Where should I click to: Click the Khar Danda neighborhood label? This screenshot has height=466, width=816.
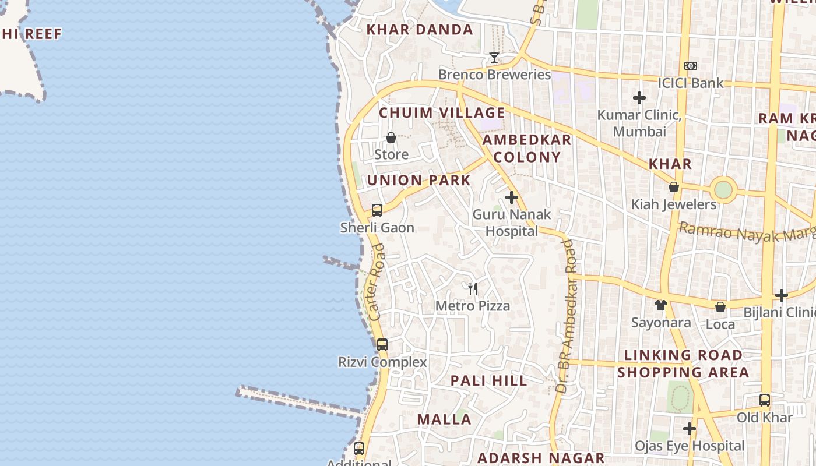point(419,30)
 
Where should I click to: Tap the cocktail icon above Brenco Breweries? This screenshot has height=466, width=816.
point(494,58)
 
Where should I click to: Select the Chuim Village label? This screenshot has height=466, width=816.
point(442,112)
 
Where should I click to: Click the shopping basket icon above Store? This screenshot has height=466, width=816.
point(391,138)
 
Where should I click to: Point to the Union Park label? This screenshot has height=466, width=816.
point(418,180)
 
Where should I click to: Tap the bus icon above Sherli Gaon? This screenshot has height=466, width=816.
point(377,210)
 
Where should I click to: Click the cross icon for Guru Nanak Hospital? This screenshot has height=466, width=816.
point(512,197)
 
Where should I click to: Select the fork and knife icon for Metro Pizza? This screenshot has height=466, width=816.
point(473,288)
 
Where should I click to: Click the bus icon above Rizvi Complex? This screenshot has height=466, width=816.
point(382,345)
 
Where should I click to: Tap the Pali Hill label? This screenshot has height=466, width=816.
point(488,381)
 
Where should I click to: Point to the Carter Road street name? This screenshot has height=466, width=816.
point(377,282)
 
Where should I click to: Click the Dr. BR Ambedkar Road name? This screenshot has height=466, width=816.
point(566,315)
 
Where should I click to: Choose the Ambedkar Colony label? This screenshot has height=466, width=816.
point(527,149)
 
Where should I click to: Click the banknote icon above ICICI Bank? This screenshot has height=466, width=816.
point(691,66)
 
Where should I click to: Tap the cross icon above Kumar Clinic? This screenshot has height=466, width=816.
point(639,98)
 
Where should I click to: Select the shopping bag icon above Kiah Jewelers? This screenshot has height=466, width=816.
point(674,188)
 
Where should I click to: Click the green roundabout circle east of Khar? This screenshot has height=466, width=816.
point(723,189)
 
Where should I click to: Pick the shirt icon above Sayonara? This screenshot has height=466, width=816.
point(660,305)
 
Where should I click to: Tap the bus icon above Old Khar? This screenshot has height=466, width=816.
point(765,400)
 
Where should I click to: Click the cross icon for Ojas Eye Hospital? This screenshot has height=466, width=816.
point(690,429)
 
